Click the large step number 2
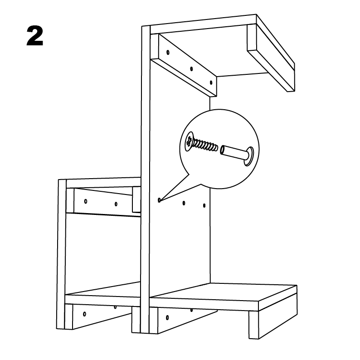click(x=35, y=36)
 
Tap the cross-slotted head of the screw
click(x=190, y=141)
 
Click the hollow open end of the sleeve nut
click(x=223, y=150)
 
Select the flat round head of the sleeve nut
click(x=249, y=156)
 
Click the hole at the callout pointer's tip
click(x=159, y=200)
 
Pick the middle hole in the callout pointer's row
click(x=184, y=203)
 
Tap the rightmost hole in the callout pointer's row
click(x=204, y=205)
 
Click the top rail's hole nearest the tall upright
click(x=168, y=52)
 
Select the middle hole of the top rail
click(x=191, y=68)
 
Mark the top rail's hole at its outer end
click(x=211, y=83)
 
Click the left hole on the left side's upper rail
click(x=86, y=201)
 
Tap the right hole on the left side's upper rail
click(x=116, y=204)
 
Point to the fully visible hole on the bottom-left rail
click(x=84, y=314)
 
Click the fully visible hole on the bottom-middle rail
click(x=167, y=318)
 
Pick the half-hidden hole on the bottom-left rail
click(x=115, y=307)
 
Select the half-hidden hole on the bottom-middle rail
click(x=191, y=310)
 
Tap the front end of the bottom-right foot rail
click(x=254, y=325)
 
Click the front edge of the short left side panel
click(x=62, y=254)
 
